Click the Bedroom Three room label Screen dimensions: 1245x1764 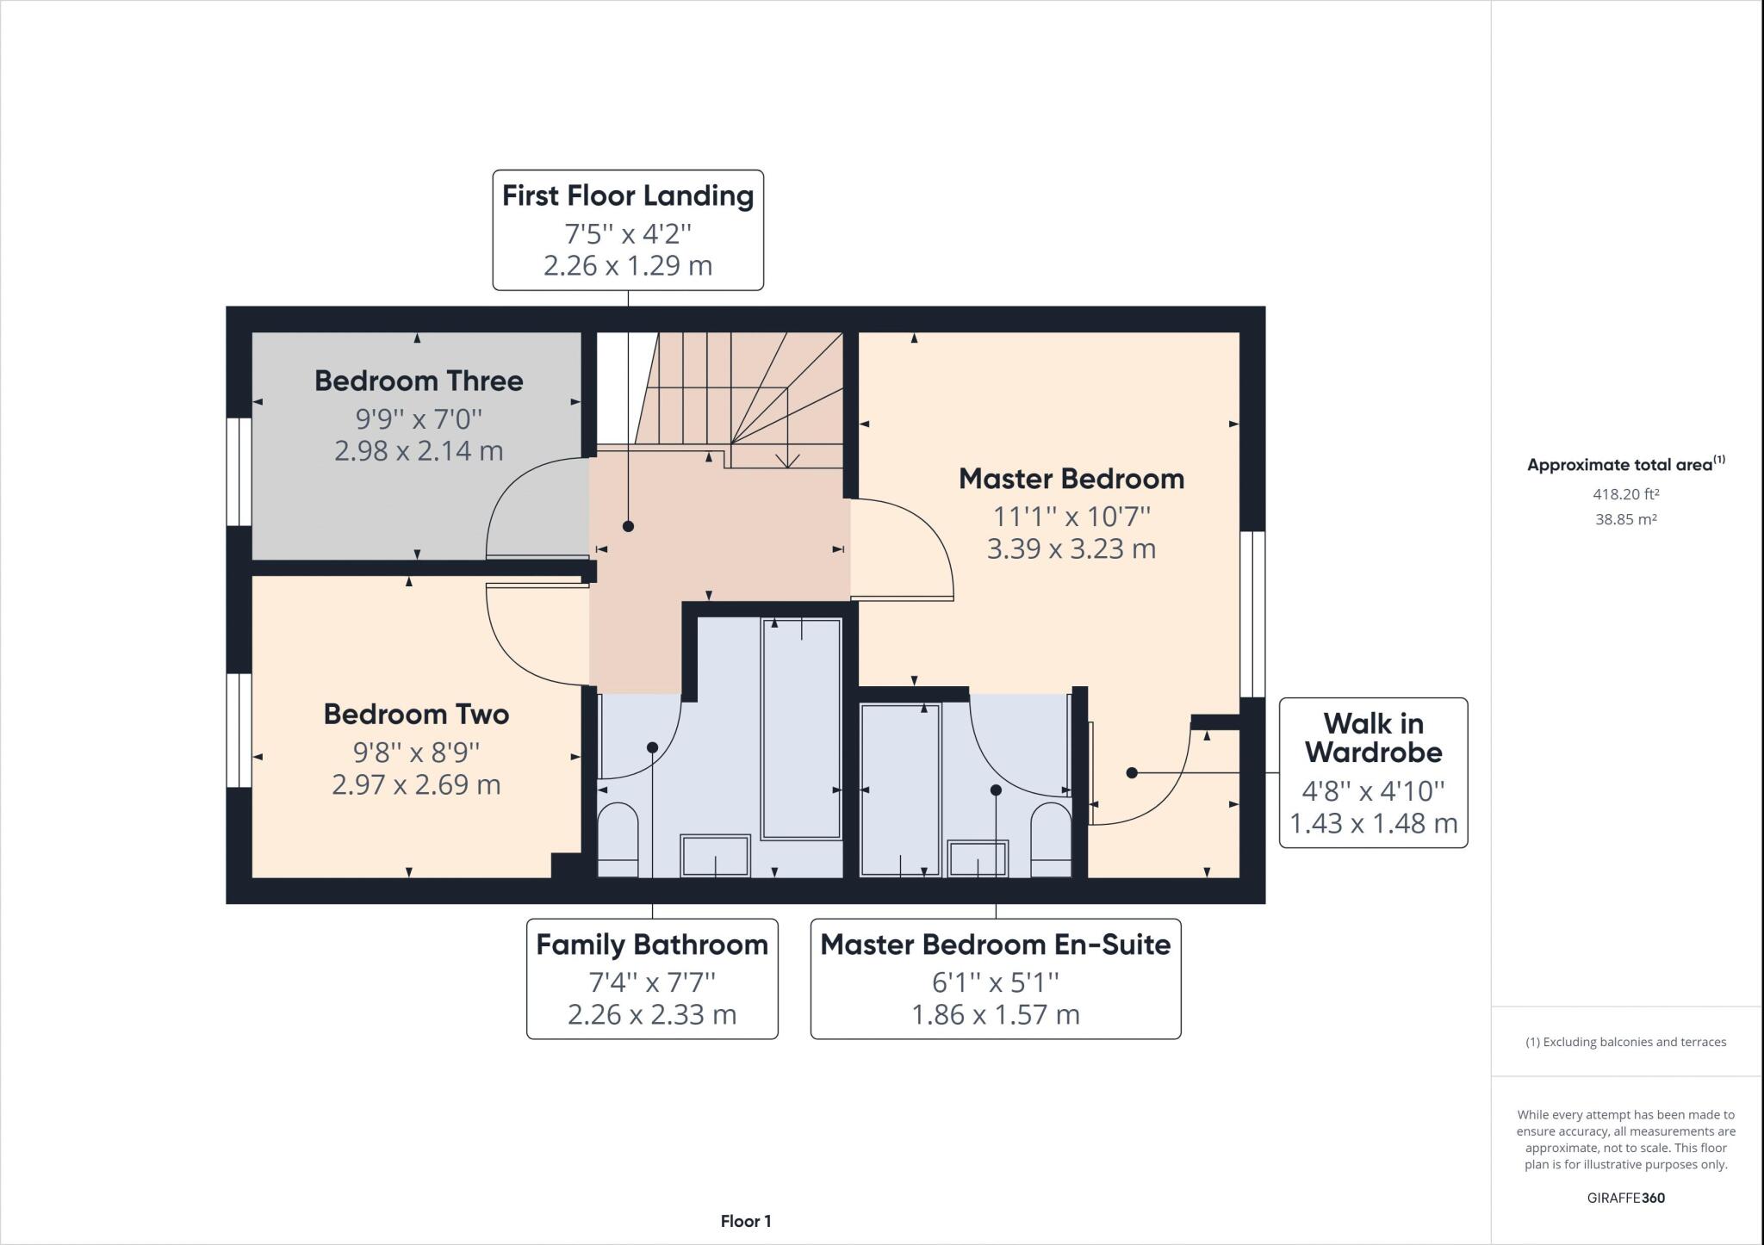pyautogui.click(x=419, y=381)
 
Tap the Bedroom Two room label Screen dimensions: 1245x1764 pyautogui.click(x=416, y=714)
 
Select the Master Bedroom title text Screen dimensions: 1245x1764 pyautogui.click(x=1071, y=479)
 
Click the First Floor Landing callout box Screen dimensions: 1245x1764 pyautogui.click(x=628, y=230)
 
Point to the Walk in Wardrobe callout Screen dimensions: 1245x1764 pyautogui.click(x=1373, y=772)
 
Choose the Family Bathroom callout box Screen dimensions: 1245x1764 pyautogui.click(x=652, y=979)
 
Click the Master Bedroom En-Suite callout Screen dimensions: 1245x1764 pyautogui.click(x=995, y=979)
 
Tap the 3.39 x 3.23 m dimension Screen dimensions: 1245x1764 pyautogui.click(x=1071, y=548)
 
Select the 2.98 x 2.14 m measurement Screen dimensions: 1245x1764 pyautogui.click(x=419, y=450)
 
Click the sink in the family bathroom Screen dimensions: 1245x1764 pyautogui.click(x=715, y=855)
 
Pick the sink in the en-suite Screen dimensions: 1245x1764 pyautogui.click(x=978, y=858)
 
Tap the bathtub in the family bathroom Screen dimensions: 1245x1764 pyautogui.click(x=801, y=728)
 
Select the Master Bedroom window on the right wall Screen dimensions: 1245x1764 pyautogui.click(x=1252, y=613)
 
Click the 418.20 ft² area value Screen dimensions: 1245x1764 pyautogui.click(x=1625, y=494)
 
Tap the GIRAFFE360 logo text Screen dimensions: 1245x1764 pyautogui.click(x=1625, y=1198)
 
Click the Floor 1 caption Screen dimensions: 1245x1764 pyautogui.click(x=746, y=1221)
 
